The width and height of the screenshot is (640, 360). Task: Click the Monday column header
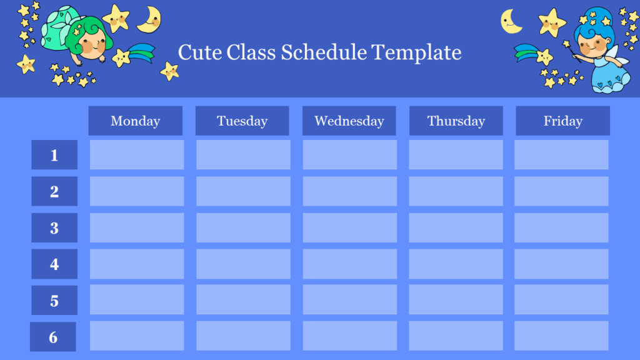(x=135, y=121)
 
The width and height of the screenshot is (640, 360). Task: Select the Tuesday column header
(x=242, y=121)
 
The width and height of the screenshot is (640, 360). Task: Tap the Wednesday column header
(x=349, y=121)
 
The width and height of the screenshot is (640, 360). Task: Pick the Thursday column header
(x=456, y=121)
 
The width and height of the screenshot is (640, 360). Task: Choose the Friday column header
(x=562, y=121)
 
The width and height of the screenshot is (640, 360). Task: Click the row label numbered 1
(x=54, y=155)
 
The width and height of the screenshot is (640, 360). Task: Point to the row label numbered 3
(x=54, y=228)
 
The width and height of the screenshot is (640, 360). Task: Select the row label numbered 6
(x=53, y=337)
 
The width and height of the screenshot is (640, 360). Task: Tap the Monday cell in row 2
(x=137, y=191)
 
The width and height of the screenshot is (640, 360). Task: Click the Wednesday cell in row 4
(x=350, y=264)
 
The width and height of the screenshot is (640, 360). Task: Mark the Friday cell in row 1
(x=561, y=155)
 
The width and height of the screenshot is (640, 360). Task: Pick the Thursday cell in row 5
(x=456, y=300)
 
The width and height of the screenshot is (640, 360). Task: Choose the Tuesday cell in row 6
(x=243, y=336)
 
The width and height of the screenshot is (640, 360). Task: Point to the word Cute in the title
(x=199, y=52)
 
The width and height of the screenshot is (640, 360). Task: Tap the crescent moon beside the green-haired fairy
(x=149, y=19)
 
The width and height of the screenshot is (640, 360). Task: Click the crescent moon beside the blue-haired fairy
(x=511, y=22)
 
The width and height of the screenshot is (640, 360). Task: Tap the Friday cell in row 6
(x=561, y=336)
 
